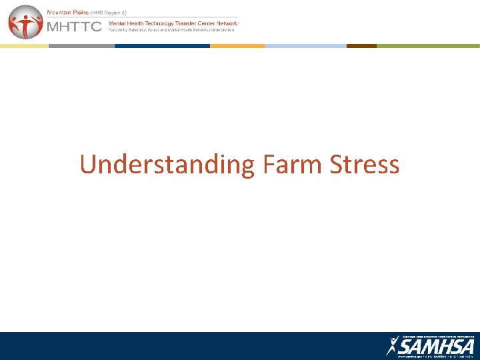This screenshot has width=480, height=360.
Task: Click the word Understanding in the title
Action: (167, 165)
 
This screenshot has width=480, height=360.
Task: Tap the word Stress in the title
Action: (365, 164)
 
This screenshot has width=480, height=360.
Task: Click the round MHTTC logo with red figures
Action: (25, 22)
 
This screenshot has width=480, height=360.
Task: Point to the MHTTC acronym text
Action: (73, 27)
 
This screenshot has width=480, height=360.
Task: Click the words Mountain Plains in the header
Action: (70, 13)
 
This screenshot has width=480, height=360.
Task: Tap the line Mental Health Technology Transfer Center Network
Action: (173, 23)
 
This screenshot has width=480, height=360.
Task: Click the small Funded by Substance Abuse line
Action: (172, 30)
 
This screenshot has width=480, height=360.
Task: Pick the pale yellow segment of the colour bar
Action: (24, 46)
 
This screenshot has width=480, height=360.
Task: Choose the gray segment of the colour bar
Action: (81, 46)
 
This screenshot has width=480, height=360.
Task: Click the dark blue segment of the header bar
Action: (162, 46)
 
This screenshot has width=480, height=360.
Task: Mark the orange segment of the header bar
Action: (237, 46)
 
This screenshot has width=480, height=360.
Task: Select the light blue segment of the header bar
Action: (305, 46)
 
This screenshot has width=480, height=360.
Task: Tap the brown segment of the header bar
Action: (361, 46)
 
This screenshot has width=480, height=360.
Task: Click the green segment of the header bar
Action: (428, 46)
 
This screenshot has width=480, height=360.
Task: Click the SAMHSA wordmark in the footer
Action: (437, 347)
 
